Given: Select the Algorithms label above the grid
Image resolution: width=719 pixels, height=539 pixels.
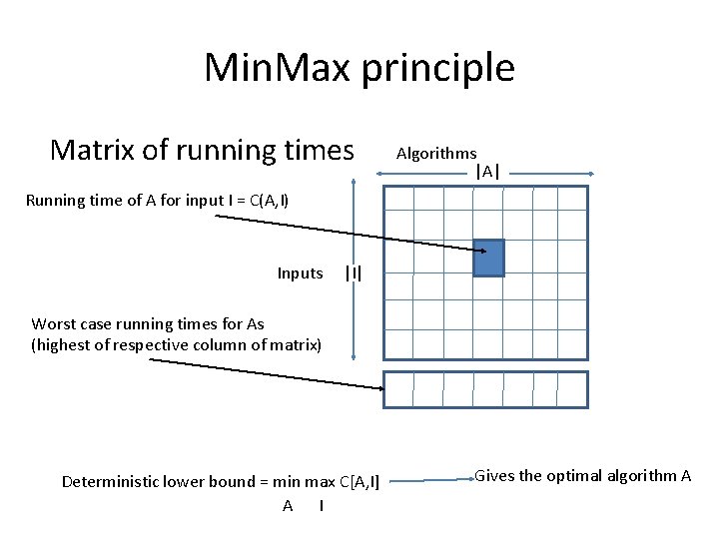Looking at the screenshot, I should point(436,153).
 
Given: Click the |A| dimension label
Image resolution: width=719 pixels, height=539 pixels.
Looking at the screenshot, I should point(487,172).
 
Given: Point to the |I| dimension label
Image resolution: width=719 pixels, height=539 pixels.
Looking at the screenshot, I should point(353,272).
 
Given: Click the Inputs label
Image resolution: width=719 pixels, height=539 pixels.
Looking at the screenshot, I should point(300,273).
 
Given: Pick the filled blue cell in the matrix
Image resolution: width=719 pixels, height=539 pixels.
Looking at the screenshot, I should point(489,258).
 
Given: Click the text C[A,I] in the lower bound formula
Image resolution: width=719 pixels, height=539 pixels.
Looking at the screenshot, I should point(359,482).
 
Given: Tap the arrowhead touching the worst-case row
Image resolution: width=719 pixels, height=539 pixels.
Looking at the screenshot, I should point(377,387).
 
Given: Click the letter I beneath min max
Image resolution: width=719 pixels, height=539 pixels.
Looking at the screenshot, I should point(321,505).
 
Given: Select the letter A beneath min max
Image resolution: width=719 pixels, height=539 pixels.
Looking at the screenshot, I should point(288,505).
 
